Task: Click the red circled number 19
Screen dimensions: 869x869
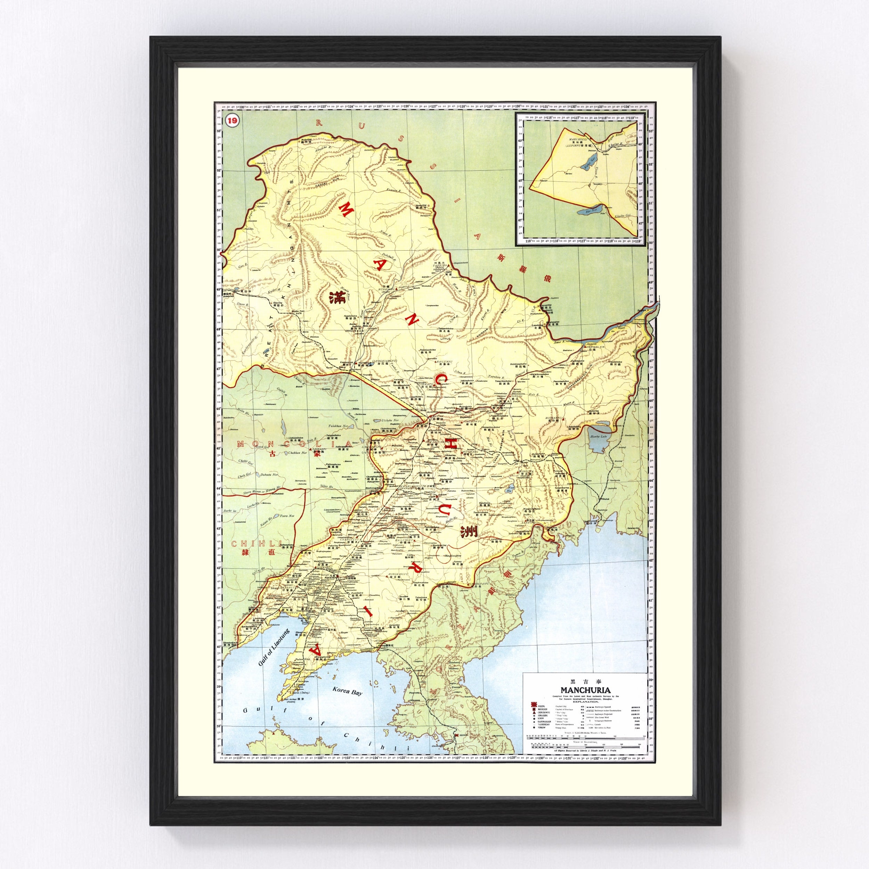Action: [232, 121]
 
